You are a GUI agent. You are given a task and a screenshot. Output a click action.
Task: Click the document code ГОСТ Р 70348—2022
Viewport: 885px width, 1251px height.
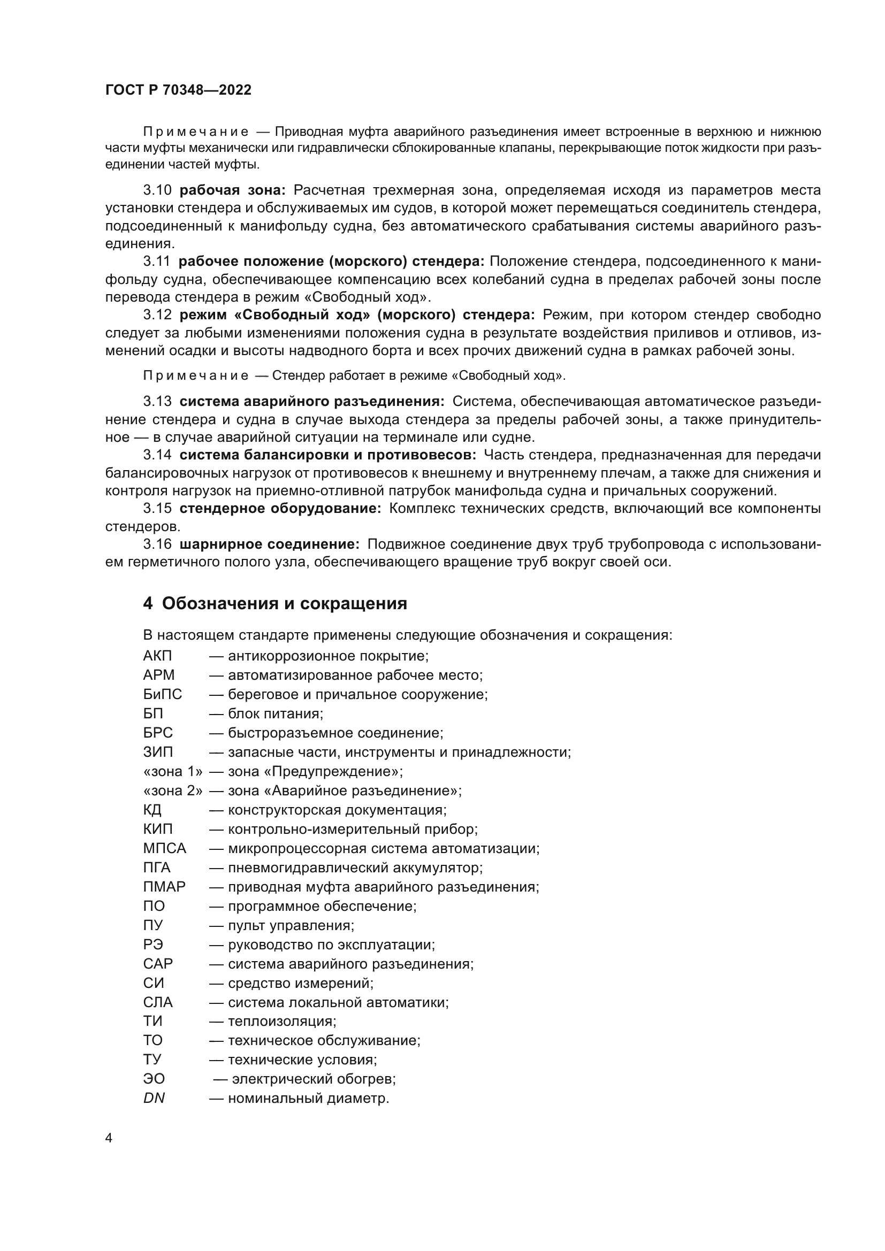[x=178, y=90]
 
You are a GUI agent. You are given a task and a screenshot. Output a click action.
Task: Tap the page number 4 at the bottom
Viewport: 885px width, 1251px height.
[x=109, y=1138]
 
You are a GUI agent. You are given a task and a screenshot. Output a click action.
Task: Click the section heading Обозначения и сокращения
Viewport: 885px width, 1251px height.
[x=284, y=604]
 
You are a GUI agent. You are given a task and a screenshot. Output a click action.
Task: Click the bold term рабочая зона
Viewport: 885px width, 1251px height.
[x=232, y=190]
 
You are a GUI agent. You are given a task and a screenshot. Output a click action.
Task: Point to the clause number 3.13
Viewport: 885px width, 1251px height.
[x=157, y=402]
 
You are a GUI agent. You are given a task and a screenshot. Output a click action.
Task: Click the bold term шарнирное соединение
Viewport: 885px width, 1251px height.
[x=269, y=544]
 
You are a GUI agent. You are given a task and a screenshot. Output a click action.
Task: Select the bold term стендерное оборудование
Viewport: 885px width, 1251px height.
[x=280, y=508]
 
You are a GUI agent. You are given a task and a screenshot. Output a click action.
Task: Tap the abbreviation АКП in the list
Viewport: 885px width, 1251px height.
[x=157, y=656]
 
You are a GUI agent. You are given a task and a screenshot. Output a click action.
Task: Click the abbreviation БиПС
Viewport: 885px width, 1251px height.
[x=163, y=694]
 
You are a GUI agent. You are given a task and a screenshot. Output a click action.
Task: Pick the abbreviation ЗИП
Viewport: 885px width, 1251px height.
[x=158, y=752]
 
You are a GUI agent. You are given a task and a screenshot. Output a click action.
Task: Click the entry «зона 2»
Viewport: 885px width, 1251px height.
[x=173, y=790]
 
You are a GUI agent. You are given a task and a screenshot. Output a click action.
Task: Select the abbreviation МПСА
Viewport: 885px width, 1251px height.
[x=165, y=848]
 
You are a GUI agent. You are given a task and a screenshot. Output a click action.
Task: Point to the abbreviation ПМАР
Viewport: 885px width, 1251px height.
[x=165, y=886]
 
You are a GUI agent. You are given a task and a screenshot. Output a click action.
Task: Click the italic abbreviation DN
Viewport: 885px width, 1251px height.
[x=154, y=1099]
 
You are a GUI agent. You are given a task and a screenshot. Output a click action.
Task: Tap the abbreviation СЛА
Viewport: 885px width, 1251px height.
[x=158, y=1002]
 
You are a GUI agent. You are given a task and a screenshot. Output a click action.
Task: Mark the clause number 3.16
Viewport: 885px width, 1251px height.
[x=157, y=544]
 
